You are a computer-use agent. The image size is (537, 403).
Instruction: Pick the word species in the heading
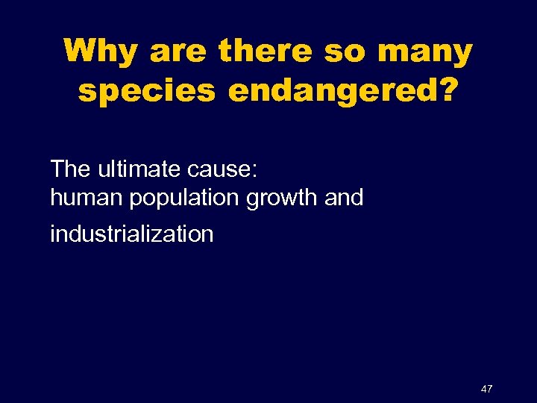(146, 92)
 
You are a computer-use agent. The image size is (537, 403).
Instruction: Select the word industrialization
(131, 234)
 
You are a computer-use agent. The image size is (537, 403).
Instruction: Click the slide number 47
(487, 389)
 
